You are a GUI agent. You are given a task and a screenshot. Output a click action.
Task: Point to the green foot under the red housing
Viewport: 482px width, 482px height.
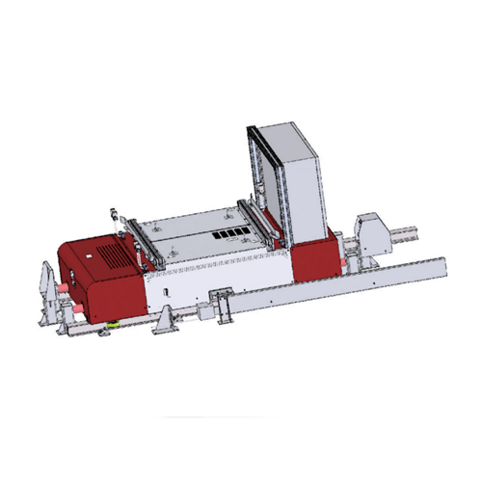(114, 326)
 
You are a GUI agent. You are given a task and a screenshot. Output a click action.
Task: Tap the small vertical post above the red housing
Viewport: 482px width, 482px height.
(116, 219)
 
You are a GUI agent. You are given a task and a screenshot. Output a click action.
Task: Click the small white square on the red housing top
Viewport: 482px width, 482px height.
(88, 256)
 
